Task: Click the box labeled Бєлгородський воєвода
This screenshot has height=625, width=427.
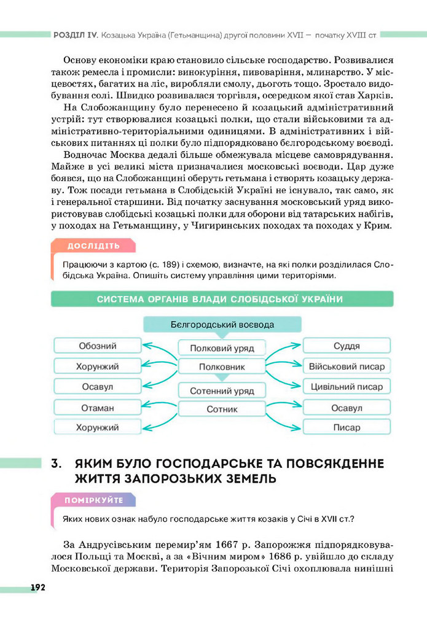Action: point(222,324)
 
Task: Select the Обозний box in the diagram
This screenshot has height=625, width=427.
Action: point(97,346)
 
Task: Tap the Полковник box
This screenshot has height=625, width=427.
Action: point(222,367)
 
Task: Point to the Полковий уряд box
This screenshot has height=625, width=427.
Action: point(222,348)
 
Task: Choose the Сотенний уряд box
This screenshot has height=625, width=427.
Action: point(222,390)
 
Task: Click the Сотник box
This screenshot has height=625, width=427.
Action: point(222,409)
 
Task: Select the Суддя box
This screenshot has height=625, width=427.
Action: point(347,346)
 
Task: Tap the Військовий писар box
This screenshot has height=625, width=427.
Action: point(347,367)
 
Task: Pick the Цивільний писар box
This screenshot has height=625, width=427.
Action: point(347,387)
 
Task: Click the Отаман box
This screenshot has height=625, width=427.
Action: point(97,408)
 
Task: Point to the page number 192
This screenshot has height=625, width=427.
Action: point(37,588)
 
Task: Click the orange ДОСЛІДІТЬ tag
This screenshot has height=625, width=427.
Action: point(93,246)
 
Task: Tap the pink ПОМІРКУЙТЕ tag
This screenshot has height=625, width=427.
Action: point(93,500)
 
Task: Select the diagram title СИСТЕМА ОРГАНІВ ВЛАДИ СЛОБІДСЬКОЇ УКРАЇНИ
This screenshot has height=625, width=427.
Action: point(220,299)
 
